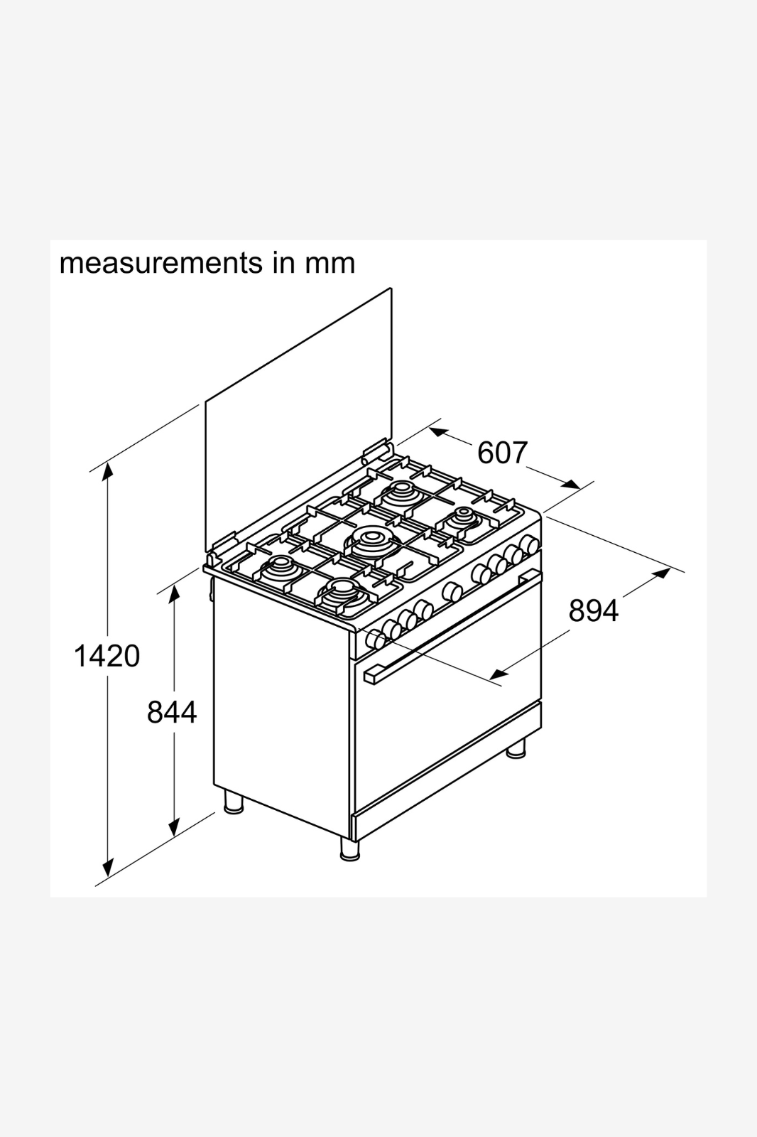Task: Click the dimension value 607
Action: (x=503, y=453)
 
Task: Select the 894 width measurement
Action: (x=594, y=610)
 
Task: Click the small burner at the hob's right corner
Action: (x=463, y=518)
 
